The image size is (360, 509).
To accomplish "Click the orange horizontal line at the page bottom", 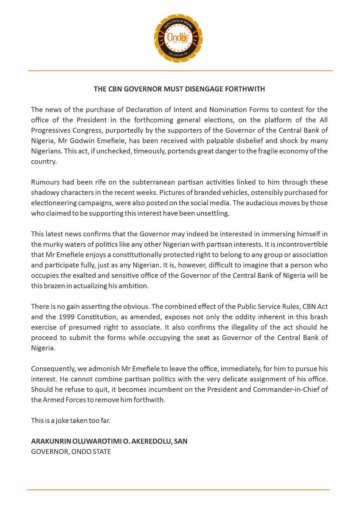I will [x=178, y=490].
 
